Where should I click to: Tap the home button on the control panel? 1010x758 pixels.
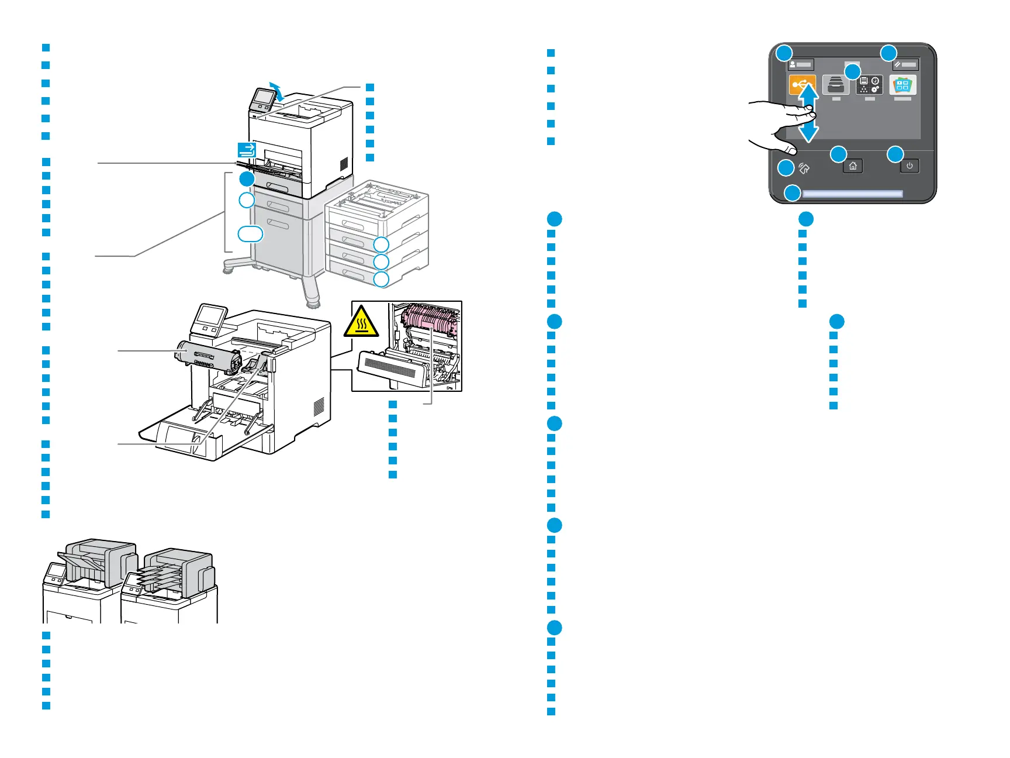pyautogui.click(x=853, y=167)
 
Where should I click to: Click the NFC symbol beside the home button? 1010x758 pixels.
pyautogui.click(x=804, y=169)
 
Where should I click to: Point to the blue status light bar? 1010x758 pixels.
pyautogui.click(x=852, y=194)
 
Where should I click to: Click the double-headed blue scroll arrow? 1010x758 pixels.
pyautogui.click(x=808, y=113)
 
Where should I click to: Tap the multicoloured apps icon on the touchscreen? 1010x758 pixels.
pyautogui.click(x=902, y=85)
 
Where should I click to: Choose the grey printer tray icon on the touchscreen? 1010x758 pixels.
pyautogui.click(x=836, y=85)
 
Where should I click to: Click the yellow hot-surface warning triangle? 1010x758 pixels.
pyautogui.click(x=362, y=322)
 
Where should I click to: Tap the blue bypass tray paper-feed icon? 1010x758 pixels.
pyautogui.click(x=247, y=150)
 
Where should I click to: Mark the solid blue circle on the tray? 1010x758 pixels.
pyautogui.click(x=247, y=179)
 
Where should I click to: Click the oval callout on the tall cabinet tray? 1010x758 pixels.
pyautogui.click(x=250, y=234)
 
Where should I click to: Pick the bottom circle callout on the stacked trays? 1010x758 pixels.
pyautogui.click(x=381, y=279)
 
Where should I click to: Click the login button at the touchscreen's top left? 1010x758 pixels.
pyautogui.click(x=800, y=64)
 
